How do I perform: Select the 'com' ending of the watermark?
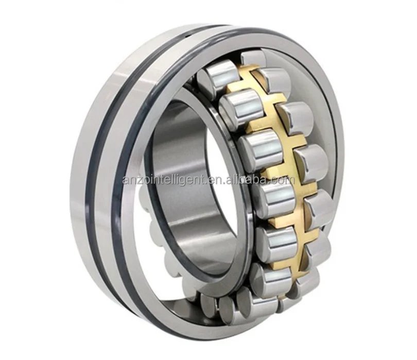[285, 180]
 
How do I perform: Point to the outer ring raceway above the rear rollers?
[288, 57]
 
